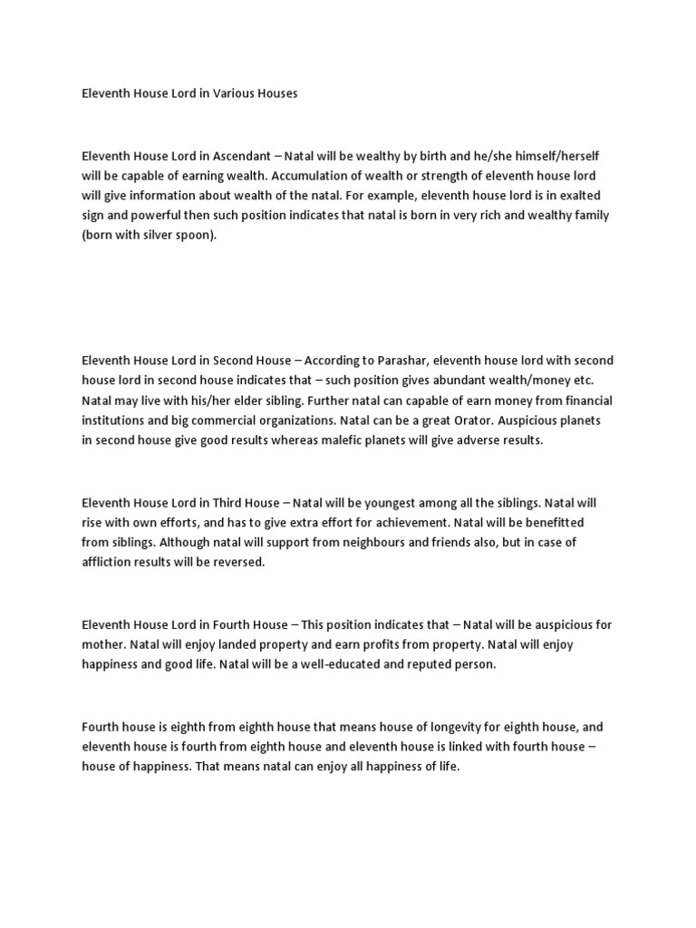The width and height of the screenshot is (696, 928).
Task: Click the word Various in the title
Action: point(239,93)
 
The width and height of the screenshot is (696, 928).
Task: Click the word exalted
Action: point(575,195)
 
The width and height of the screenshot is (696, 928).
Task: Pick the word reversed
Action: point(238,562)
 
